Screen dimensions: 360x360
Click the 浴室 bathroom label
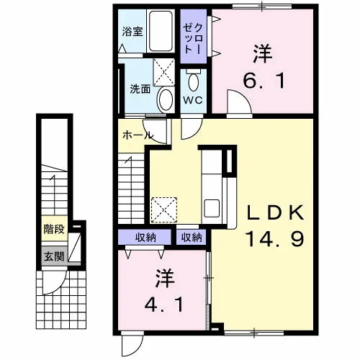point(132,32)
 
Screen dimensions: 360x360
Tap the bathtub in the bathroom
point(161,31)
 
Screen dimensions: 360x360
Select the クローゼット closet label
point(193,38)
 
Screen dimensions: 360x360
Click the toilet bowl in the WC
point(194,82)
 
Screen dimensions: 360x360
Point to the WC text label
point(193,100)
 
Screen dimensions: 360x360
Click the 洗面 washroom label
point(140,89)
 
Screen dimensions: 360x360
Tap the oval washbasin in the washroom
point(165,100)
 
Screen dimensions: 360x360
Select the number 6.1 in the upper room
point(264,81)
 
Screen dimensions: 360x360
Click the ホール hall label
point(138,135)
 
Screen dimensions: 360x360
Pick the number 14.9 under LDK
point(275,238)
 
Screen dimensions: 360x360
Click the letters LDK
point(276,212)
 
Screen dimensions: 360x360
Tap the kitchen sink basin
point(212,208)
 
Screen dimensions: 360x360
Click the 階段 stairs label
point(54,229)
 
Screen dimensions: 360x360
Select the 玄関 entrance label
point(54,256)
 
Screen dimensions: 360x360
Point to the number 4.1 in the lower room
point(164,304)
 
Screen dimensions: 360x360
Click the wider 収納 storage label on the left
point(145,238)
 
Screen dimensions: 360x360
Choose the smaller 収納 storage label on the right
point(192,238)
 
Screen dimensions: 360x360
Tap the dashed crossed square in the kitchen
point(163,210)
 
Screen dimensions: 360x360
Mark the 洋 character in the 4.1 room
point(165,278)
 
